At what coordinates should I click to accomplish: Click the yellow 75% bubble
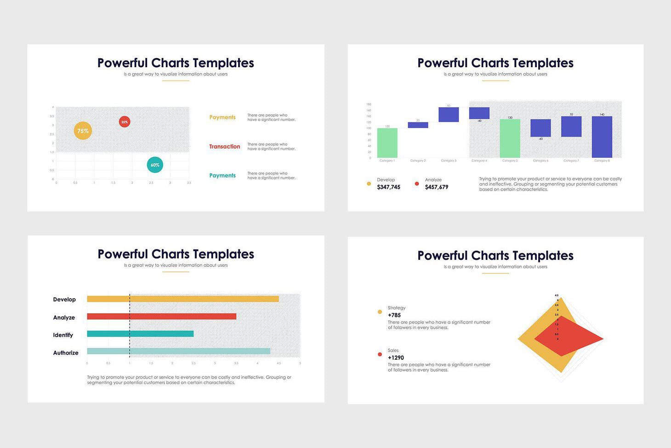(x=83, y=131)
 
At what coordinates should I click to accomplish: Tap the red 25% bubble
(x=125, y=122)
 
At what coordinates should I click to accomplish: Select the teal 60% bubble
(x=155, y=165)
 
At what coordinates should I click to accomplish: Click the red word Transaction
(x=225, y=147)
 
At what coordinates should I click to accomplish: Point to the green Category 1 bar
(x=387, y=143)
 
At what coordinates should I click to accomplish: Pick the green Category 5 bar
(x=510, y=138)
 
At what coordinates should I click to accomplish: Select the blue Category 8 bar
(x=602, y=137)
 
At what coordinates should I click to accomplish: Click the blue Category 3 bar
(x=449, y=115)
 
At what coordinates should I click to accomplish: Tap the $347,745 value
(x=388, y=187)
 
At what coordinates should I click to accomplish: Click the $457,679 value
(x=437, y=187)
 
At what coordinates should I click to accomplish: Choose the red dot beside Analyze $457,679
(x=417, y=184)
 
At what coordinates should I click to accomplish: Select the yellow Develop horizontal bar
(x=183, y=299)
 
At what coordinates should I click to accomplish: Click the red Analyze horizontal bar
(x=161, y=316)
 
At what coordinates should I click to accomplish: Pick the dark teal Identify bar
(x=140, y=334)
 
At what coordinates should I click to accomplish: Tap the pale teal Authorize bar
(x=178, y=351)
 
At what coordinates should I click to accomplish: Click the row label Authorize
(x=66, y=353)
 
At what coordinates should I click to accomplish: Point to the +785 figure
(x=394, y=315)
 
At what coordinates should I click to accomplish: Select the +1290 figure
(x=396, y=357)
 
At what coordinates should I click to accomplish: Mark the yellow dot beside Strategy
(x=380, y=312)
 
